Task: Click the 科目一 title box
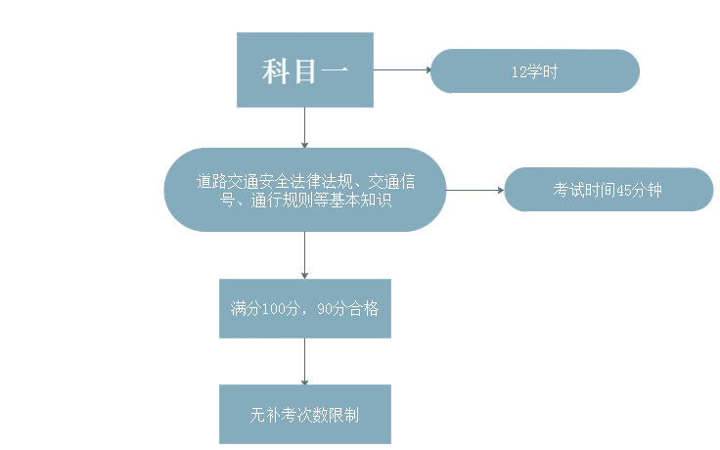[x=305, y=70]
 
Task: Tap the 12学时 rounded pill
[x=534, y=71]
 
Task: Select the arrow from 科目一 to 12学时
[x=402, y=70]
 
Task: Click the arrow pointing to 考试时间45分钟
[x=475, y=190]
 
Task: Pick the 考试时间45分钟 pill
[x=608, y=190]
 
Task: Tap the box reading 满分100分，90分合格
[x=305, y=308]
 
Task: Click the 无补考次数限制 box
[x=305, y=414]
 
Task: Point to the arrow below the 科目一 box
[x=305, y=127]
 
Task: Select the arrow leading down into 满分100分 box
[x=305, y=255]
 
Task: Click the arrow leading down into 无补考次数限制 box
[x=305, y=361]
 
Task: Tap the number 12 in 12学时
[x=518, y=72]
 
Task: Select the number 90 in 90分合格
[x=327, y=309]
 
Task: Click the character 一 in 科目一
[x=332, y=71]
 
